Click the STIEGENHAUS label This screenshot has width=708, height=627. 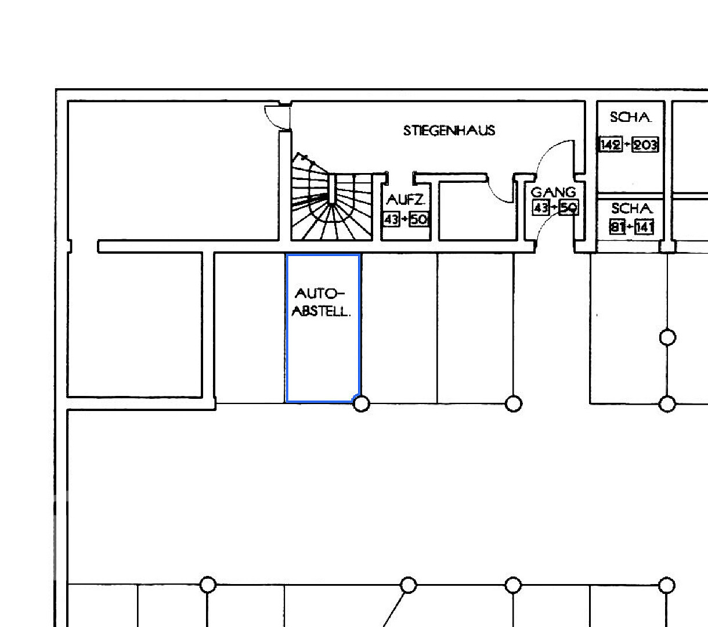click(449, 131)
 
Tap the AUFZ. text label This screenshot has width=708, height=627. click(406, 200)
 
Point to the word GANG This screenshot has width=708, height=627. click(553, 192)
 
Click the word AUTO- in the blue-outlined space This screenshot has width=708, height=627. click(320, 293)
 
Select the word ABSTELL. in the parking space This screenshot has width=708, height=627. click(321, 311)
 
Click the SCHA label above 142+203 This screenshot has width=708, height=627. click(630, 117)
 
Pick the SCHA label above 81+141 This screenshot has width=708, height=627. click(631, 208)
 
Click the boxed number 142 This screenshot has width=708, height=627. click(611, 144)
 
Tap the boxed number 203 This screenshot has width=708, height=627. click(645, 145)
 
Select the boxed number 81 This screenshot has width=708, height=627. click(617, 227)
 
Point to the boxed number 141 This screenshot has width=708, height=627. click(644, 227)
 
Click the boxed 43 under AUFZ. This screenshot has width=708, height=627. click(391, 219)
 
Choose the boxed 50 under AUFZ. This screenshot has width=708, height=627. click(418, 219)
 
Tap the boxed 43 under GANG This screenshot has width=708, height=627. click(541, 208)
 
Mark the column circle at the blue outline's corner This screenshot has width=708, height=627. click(362, 404)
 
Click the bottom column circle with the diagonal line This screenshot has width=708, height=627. click(408, 585)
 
